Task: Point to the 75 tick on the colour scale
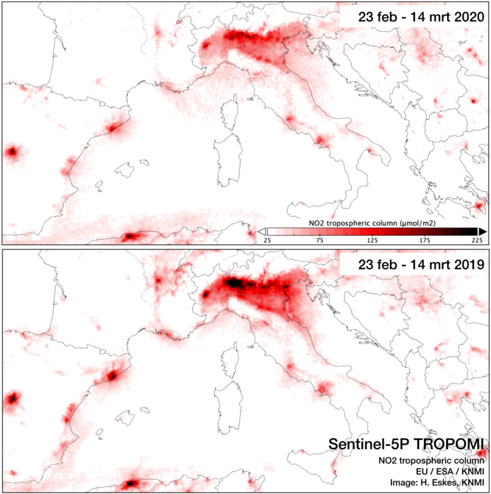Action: [320, 240]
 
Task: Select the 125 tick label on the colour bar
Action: [372, 240]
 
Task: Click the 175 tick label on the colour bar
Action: [425, 240]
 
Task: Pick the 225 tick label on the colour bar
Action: [477, 240]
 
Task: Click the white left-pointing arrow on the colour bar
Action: [261, 231]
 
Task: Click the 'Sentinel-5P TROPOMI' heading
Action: [407, 444]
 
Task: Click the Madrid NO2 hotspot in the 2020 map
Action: [12, 153]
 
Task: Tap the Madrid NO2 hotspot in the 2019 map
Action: [12, 398]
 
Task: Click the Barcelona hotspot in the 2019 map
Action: [113, 375]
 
